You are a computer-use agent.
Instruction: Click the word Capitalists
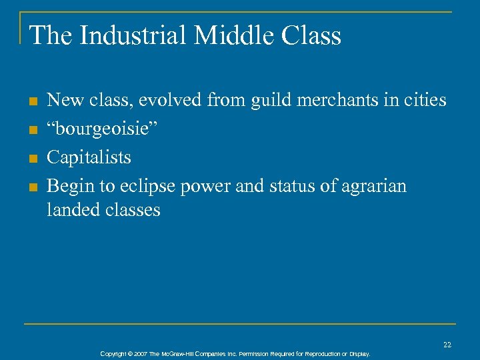pos(89,158)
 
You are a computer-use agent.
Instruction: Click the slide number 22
pos(447,344)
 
